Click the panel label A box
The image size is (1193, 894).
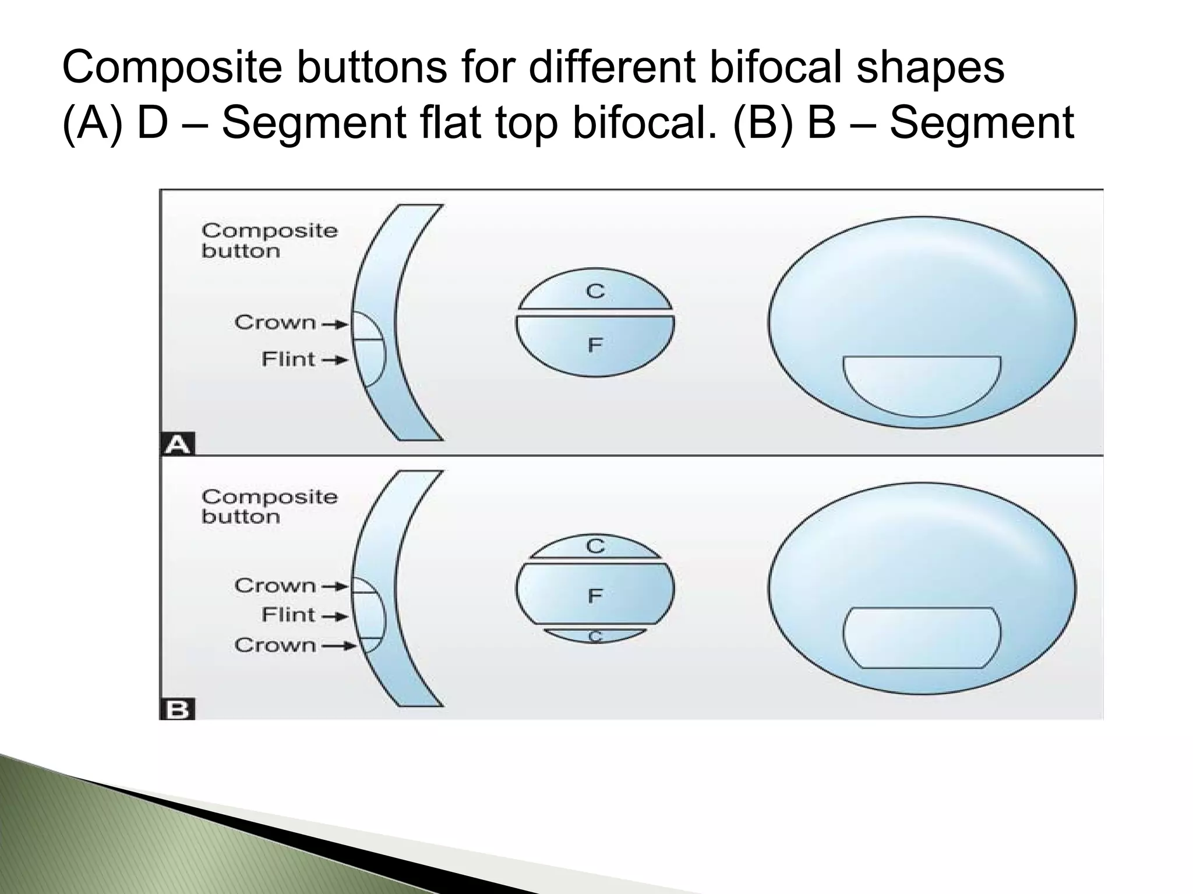click(178, 445)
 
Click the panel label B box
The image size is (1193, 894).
click(177, 710)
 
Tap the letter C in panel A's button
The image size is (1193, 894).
click(595, 291)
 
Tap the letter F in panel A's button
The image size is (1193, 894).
click(595, 346)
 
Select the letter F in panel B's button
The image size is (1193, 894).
click(595, 595)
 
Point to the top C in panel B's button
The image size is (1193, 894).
click(595, 547)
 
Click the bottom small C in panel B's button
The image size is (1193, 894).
click(595, 637)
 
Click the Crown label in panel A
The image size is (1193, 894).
click(275, 322)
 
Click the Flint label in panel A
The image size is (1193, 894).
click(288, 359)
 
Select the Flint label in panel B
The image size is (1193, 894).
click(288, 615)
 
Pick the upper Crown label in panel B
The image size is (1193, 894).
click(275, 586)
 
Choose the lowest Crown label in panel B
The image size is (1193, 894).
click(275, 645)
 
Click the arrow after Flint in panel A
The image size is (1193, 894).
click(336, 360)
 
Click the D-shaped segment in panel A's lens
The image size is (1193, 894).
click(922, 384)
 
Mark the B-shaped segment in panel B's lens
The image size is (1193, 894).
click(922, 637)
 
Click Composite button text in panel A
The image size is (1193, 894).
click(269, 240)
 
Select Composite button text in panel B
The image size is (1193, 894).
click(269, 506)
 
